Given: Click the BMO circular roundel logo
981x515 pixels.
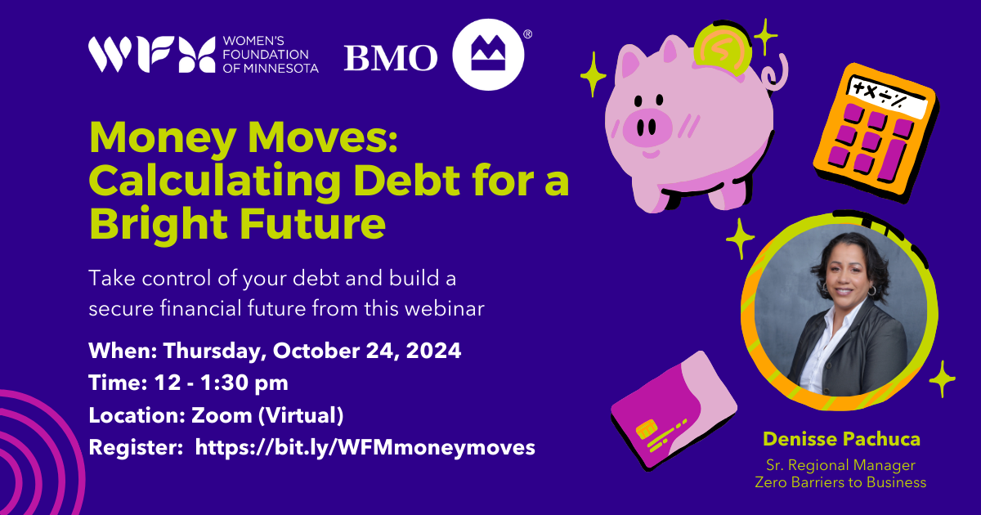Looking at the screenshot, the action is [x=488, y=55].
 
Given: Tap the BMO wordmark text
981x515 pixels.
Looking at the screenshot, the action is [x=391, y=58].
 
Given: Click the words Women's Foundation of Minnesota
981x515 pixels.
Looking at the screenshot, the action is [x=271, y=55].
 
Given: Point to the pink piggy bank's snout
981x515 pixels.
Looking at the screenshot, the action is [x=647, y=128].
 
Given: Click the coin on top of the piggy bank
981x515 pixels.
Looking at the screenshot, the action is [x=722, y=47].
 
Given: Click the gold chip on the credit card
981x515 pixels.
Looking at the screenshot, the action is [x=647, y=428].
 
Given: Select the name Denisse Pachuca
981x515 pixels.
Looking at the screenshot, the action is [x=841, y=439].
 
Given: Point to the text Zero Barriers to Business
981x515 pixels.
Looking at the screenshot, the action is [x=840, y=482].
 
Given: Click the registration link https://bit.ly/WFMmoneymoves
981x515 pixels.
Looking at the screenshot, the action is [x=365, y=448].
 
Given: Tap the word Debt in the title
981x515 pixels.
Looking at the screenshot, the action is [x=407, y=181].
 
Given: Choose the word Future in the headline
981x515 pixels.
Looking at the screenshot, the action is [x=312, y=223].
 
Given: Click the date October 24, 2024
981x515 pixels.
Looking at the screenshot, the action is [x=367, y=352].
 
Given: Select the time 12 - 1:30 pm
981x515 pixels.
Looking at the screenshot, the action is [x=222, y=383].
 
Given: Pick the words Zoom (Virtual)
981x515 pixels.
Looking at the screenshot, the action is [x=267, y=415].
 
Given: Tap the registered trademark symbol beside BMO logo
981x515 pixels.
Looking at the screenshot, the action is [x=528, y=34].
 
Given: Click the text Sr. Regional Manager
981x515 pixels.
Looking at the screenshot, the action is [x=840, y=465].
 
